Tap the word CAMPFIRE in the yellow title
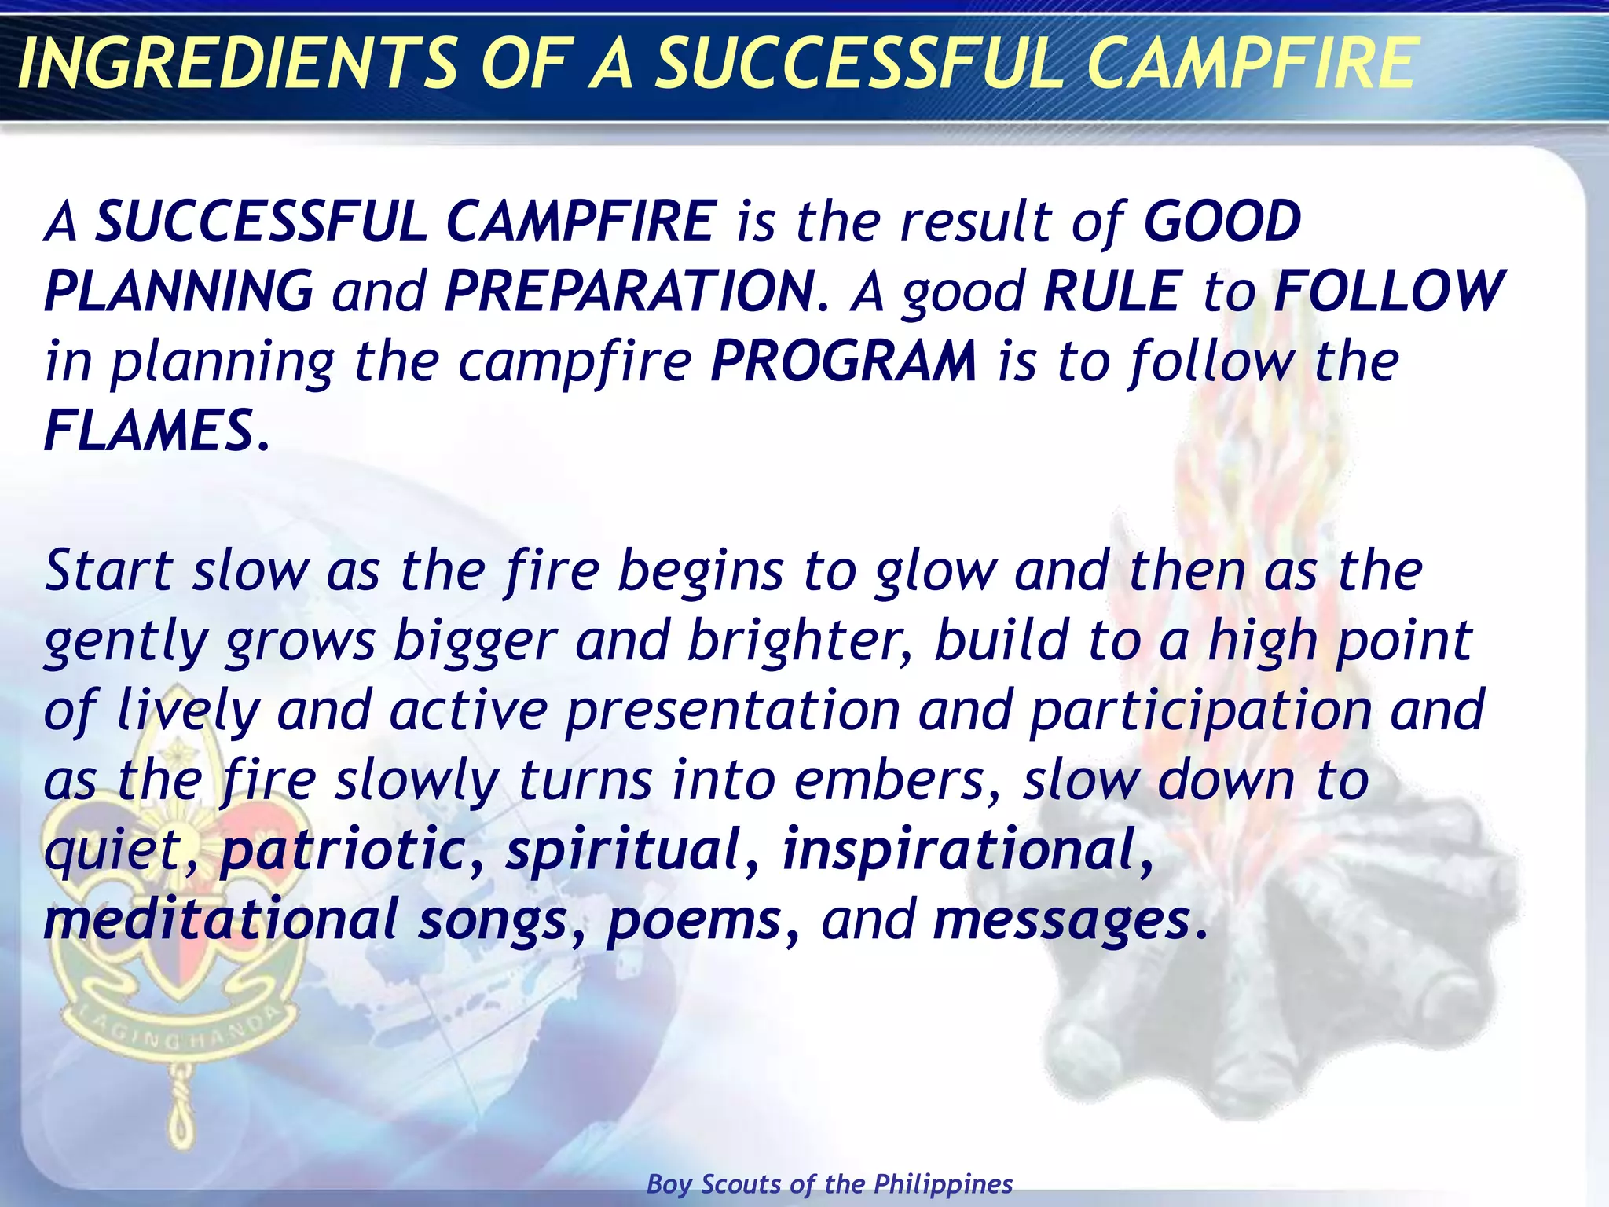(1251, 64)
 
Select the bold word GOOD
(1222, 222)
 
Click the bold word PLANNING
(179, 292)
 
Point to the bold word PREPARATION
(629, 292)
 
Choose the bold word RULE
(1112, 292)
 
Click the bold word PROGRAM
(844, 361)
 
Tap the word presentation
(732, 710)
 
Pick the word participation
(1200, 710)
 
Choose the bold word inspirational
(959, 850)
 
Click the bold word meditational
(221, 920)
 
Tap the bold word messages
(1061, 920)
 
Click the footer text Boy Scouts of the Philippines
(830, 1184)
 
